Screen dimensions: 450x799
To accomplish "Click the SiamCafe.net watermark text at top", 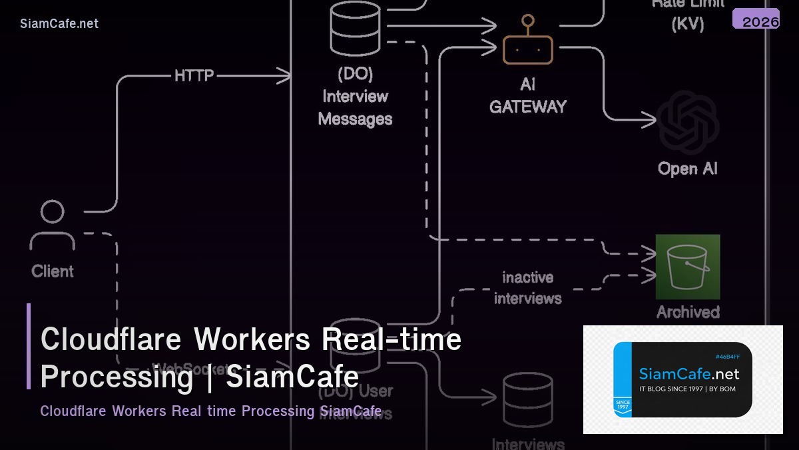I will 59,23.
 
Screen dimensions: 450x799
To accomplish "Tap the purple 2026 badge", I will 756,20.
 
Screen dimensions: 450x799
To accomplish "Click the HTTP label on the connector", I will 194,76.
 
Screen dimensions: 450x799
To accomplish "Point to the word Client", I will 53,271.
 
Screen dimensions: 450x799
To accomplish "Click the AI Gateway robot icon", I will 527,45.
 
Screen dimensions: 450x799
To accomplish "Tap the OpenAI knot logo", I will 688,123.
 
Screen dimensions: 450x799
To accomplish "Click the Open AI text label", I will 688,169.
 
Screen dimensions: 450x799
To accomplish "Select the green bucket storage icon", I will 688,267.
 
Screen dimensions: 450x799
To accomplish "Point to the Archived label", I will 688,312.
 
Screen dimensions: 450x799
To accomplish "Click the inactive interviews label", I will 528,287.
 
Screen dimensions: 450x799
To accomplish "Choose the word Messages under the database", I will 356,119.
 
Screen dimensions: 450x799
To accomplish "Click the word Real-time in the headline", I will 392,339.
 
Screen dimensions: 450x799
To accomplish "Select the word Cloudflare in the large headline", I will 111,339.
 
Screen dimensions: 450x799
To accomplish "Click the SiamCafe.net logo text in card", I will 689,373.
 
